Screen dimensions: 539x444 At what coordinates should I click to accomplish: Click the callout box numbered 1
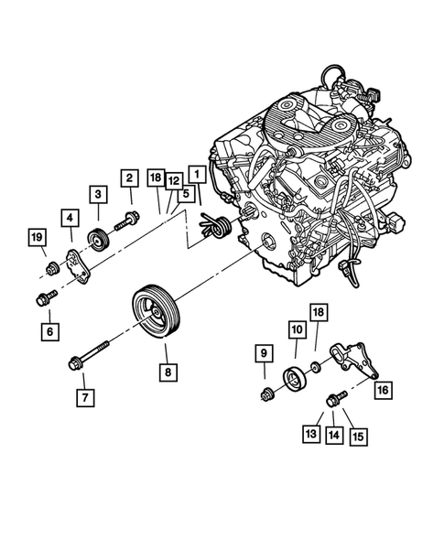(x=195, y=171)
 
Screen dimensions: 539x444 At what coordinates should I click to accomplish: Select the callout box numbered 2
(x=129, y=178)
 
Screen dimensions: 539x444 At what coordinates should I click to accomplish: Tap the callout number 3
(x=97, y=193)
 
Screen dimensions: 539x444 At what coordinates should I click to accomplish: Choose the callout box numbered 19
(x=36, y=240)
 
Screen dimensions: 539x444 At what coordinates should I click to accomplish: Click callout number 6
(x=49, y=329)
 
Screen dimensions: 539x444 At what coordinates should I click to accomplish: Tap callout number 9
(x=262, y=353)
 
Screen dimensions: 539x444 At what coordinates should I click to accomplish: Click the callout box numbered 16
(x=382, y=389)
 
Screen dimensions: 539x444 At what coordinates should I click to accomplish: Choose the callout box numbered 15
(x=357, y=436)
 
